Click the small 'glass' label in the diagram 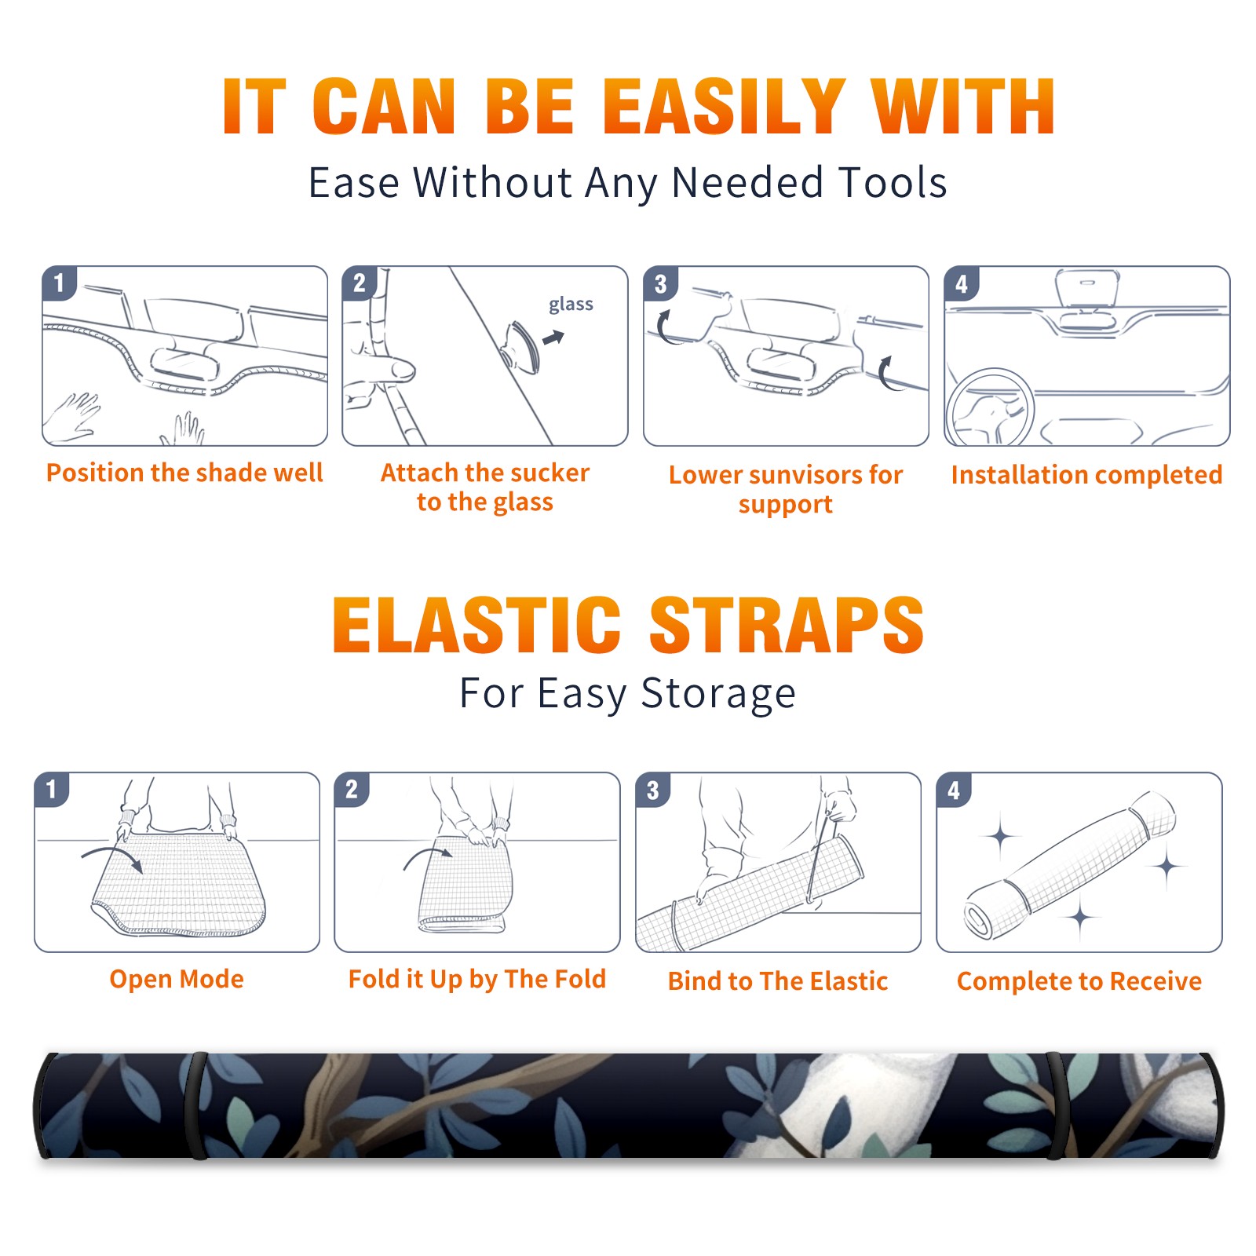pyautogui.click(x=571, y=305)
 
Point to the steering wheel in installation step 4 pyautogui.click(x=991, y=407)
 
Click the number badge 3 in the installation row pyautogui.click(x=660, y=283)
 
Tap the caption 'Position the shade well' pyautogui.click(x=184, y=473)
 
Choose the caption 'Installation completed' pyautogui.click(x=1086, y=475)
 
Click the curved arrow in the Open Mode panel pyautogui.click(x=113, y=856)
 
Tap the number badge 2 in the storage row pyautogui.click(x=352, y=789)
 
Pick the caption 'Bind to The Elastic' pyautogui.click(x=777, y=981)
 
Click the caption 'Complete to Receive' pyautogui.click(x=1079, y=981)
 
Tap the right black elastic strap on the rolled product pyautogui.click(x=1058, y=1105)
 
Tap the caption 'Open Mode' pyautogui.click(x=177, y=980)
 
